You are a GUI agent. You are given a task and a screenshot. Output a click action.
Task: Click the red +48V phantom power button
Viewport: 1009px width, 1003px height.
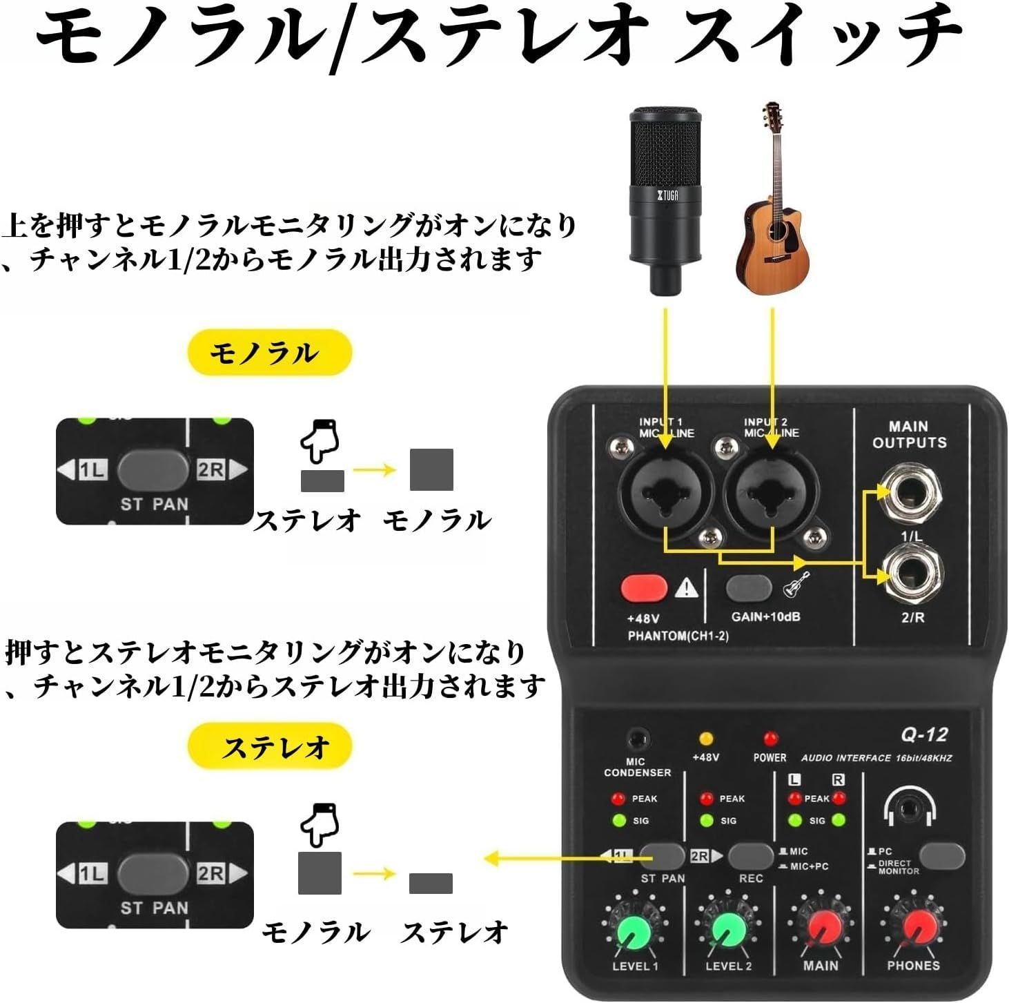coord(644,588)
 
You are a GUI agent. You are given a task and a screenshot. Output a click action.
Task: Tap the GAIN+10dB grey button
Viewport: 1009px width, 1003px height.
coord(749,588)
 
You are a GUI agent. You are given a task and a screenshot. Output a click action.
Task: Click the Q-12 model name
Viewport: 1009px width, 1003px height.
coord(923,734)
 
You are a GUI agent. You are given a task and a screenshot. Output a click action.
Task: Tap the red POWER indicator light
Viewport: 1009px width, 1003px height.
coord(770,739)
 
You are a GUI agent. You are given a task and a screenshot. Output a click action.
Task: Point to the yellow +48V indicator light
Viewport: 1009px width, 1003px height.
coord(705,739)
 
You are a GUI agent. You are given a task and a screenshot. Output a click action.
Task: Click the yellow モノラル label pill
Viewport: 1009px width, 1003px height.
coord(270,353)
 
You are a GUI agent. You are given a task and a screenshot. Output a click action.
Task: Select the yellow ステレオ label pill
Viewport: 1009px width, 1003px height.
coord(270,746)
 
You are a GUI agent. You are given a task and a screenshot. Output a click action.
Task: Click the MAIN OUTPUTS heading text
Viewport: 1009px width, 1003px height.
coord(909,435)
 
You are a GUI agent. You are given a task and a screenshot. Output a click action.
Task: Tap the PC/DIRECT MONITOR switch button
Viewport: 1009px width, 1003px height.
coord(941,856)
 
